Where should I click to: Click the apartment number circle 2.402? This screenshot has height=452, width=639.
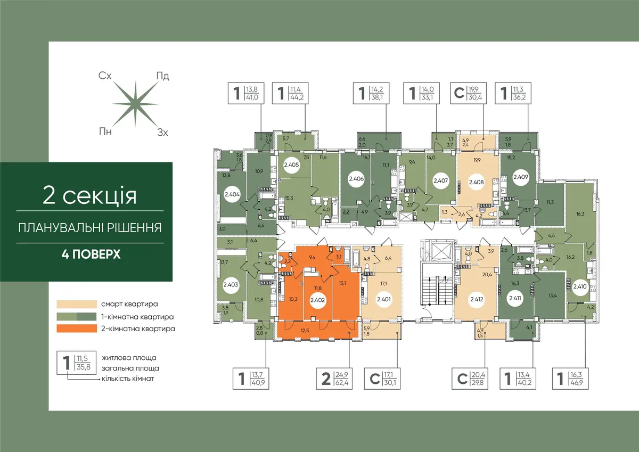tap(317, 300)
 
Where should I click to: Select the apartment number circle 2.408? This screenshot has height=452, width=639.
tap(476, 182)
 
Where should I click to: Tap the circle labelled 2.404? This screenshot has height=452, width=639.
tap(232, 194)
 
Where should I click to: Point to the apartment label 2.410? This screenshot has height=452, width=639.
tap(580, 286)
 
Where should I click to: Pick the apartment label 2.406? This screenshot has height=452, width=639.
tap(356, 179)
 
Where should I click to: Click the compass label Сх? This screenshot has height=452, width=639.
tap(105, 76)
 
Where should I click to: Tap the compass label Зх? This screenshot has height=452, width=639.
tap(162, 133)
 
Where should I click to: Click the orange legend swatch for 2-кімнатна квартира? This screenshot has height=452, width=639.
tap(77, 328)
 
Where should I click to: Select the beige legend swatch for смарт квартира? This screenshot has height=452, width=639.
tap(77, 304)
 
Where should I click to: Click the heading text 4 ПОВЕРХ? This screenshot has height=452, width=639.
tap(91, 254)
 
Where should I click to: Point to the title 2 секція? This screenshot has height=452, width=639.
tap(90, 195)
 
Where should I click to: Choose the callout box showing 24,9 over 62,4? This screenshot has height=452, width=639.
tap(334, 379)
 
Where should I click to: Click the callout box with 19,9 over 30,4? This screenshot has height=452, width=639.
tap(468, 93)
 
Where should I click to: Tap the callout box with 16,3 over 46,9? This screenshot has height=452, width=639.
tap(570, 379)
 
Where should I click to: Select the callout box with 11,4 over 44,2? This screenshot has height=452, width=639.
tap(290, 93)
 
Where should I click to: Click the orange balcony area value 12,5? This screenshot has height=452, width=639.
tap(305, 331)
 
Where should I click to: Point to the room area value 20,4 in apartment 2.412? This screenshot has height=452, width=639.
tap(487, 275)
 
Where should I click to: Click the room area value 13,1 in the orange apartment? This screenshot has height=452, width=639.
tap(342, 283)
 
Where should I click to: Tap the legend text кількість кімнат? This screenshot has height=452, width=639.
tap(128, 379)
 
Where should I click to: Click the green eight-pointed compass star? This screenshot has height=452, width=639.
tap(135, 104)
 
